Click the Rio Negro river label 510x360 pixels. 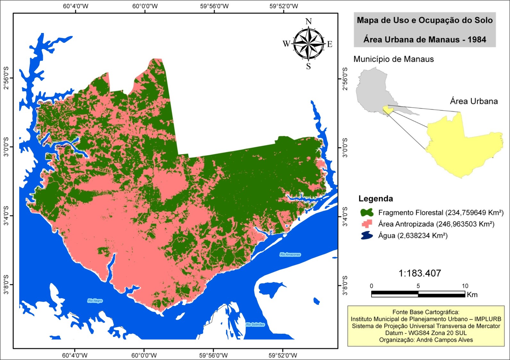click(x=95, y=301)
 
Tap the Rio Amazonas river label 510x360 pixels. click(x=290, y=255)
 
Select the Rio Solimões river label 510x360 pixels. click(x=255, y=324)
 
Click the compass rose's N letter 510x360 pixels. click(x=308, y=21)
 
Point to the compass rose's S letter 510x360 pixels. click(x=308, y=66)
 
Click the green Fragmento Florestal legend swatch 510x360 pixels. click(x=367, y=212)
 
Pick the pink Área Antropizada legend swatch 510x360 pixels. click(x=367, y=224)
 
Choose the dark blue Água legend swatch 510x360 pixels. click(x=367, y=236)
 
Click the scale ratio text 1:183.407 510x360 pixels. click(x=420, y=273)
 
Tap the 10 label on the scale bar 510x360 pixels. click(x=464, y=286)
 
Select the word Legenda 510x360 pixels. click(x=375, y=199)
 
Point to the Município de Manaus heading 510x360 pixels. click(x=393, y=59)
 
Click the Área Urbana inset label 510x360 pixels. click(x=473, y=102)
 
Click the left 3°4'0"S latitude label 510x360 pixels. click(x=6, y=216)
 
